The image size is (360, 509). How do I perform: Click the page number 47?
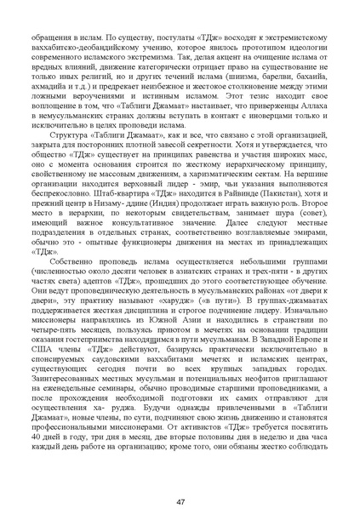click(x=180, y=479)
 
